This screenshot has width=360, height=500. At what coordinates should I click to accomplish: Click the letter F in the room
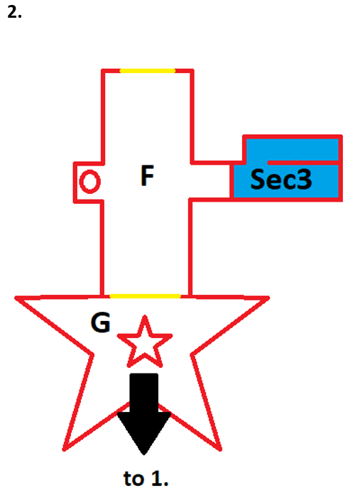(147, 175)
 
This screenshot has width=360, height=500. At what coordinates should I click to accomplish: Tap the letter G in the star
(101, 322)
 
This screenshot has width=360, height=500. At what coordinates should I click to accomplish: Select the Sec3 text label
(281, 179)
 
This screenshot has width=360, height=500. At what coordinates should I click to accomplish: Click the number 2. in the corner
(14, 12)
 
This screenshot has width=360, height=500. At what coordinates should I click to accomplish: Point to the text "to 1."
(146, 478)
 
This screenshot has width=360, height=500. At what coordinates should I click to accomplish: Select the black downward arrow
(144, 413)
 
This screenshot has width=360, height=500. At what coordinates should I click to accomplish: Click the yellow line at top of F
(147, 71)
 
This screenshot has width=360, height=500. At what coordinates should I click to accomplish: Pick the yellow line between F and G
(145, 296)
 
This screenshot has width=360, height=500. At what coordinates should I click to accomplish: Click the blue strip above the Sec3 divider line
(292, 150)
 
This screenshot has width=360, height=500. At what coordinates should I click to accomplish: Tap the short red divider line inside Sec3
(303, 163)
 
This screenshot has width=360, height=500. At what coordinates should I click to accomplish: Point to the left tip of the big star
(16, 298)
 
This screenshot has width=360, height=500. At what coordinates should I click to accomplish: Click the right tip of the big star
(269, 298)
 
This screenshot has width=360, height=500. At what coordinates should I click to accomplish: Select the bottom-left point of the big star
(64, 450)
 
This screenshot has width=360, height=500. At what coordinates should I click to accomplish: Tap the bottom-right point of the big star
(221, 450)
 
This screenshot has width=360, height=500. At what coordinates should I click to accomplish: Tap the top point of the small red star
(145, 316)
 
